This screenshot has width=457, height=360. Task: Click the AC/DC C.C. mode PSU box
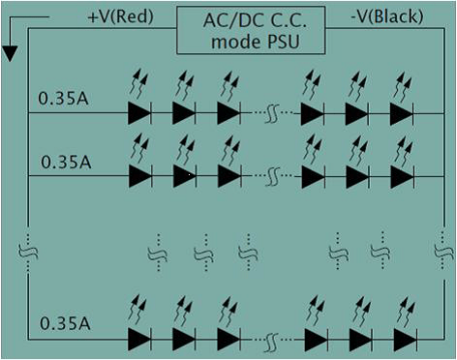[251, 29]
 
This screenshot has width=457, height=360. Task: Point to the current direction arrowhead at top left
[10, 53]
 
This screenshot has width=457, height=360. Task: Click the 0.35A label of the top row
[64, 98]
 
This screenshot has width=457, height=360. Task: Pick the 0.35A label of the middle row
[64, 160]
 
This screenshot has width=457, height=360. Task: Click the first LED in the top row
[139, 113]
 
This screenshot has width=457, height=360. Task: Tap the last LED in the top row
[402, 113]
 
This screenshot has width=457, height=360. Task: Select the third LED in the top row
[228, 113]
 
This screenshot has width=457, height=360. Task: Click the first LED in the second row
[139, 176]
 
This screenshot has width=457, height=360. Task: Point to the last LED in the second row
[402, 176]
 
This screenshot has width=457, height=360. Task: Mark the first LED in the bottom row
[139, 340]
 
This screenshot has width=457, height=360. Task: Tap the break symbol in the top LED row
[272, 113]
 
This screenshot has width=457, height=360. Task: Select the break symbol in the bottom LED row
[274, 340]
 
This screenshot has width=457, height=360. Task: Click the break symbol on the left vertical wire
[27, 253]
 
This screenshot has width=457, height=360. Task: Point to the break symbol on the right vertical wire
[440, 253]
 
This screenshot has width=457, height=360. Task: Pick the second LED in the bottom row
[184, 340]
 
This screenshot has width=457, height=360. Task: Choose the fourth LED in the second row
[312, 176]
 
